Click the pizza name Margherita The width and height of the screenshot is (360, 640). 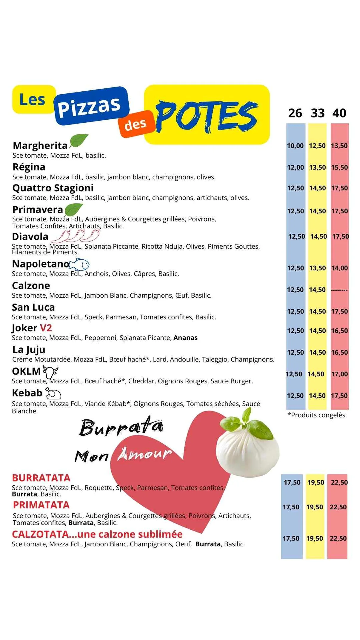(40, 146)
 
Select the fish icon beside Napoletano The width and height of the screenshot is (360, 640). (79, 264)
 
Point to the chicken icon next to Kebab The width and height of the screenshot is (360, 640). (53, 393)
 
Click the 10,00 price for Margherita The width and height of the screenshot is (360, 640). (295, 146)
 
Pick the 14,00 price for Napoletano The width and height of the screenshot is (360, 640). (339, 268)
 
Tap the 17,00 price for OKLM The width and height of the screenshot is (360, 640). (339, 374)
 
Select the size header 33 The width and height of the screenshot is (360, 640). (318, 113)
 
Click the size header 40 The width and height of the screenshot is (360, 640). (339, 113)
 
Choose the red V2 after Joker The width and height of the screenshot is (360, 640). (46, 328)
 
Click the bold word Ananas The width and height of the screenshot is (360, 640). (185, 338)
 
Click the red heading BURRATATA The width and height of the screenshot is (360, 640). (41, 478)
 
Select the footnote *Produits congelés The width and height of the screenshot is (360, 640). (316, 415)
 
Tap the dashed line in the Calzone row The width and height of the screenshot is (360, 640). (339, 290)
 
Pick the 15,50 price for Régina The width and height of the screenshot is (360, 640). (339, 167)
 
